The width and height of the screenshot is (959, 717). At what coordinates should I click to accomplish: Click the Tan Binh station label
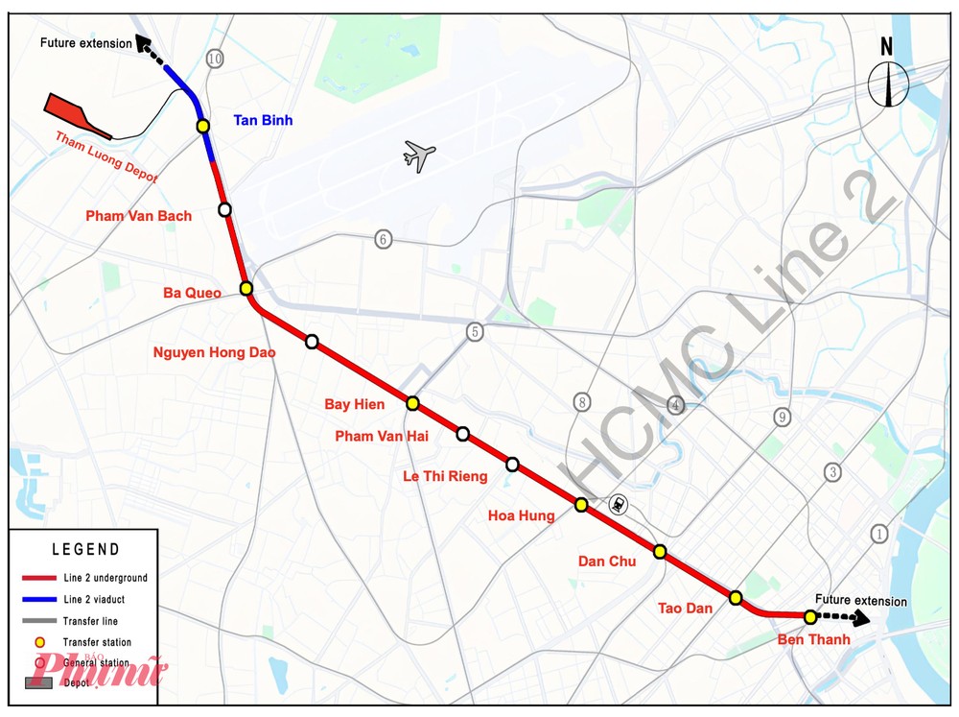263,120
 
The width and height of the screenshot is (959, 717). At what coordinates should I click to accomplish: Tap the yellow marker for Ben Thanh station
810,616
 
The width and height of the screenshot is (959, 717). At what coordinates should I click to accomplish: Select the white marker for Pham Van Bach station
224,209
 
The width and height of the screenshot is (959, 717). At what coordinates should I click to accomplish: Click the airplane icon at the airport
419,155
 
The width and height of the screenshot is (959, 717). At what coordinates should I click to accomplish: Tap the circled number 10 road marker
214,60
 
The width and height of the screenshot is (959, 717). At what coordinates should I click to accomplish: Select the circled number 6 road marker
384,239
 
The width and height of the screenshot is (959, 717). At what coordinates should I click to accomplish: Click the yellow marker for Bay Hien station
412,403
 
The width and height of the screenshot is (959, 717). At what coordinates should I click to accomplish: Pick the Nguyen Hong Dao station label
214,352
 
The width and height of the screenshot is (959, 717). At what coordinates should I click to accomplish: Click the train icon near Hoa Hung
620,503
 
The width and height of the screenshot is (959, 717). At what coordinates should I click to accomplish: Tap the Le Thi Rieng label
445,476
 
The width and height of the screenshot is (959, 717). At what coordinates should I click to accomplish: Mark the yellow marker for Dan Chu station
660,551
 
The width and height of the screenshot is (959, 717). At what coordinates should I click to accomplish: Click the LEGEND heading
86,550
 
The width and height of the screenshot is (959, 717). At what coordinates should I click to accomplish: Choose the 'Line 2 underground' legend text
105,579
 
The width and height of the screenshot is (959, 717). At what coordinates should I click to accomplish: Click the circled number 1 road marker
879,534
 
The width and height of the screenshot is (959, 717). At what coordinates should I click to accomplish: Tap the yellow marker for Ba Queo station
246,288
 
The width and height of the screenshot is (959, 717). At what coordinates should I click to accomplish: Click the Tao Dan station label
685,608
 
